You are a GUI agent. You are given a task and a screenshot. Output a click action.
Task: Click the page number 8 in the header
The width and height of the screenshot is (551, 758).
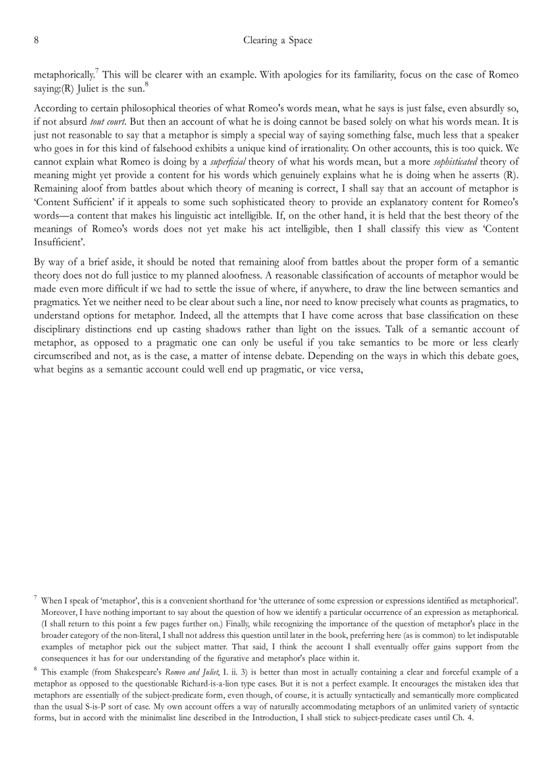[x=36, y=40]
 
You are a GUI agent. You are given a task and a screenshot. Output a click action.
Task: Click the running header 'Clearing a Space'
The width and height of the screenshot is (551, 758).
[x=278, y=40]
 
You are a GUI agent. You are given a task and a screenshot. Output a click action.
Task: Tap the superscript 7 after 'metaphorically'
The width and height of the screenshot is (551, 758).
[x=97, y=71]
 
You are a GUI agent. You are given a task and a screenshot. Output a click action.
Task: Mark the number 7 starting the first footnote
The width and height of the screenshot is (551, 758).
[x=35, y=597]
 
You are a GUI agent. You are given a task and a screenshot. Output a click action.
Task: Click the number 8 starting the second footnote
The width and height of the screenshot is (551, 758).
[x=35, y=670]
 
